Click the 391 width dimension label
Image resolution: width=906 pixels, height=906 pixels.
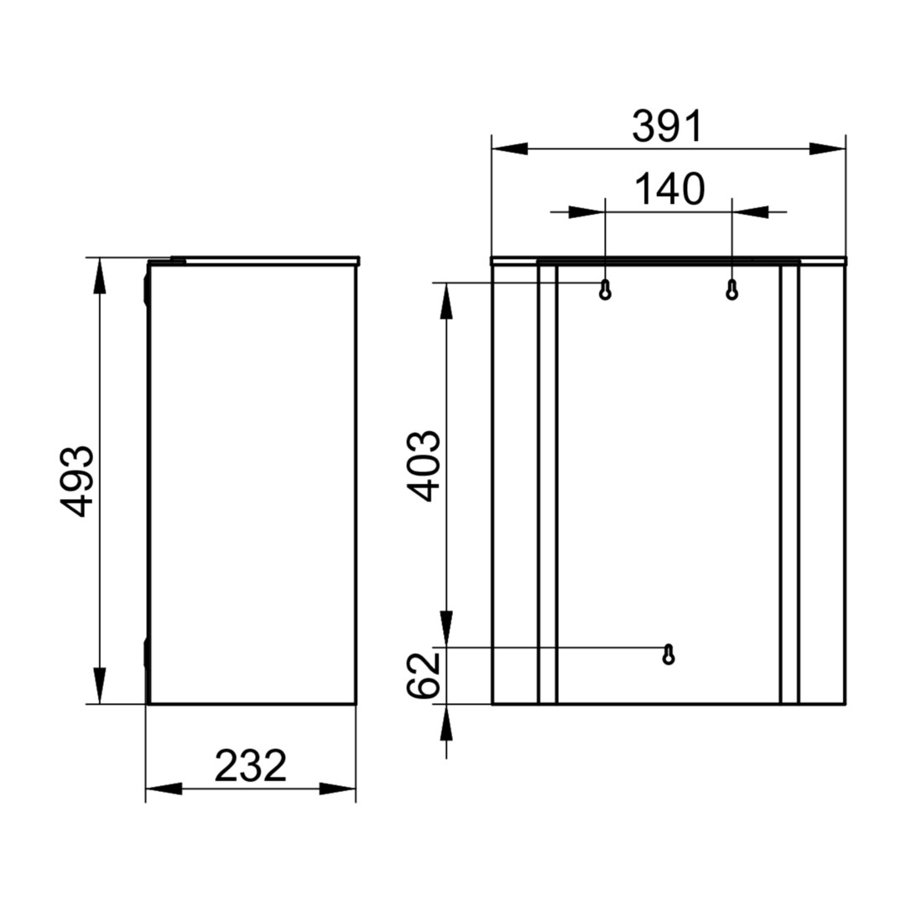668,127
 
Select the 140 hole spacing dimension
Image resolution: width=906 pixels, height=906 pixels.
669,190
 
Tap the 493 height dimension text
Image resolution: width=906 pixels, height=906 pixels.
76,481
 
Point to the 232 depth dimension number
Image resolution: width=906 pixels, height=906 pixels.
250,766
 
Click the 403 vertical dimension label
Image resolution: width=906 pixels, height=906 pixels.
424,466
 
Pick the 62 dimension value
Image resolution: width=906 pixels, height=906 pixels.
424,675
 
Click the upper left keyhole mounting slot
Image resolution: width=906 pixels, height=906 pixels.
605,289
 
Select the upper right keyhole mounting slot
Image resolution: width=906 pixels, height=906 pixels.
732,289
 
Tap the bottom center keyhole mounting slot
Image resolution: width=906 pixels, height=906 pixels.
669,654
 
